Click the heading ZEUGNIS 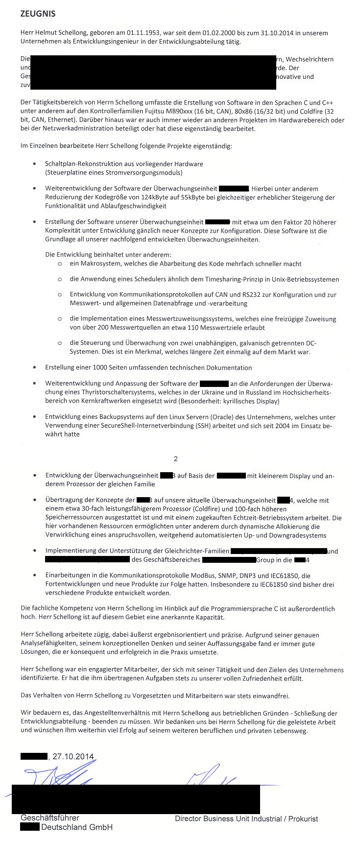tap(38, 14)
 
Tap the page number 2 tap(176, 459)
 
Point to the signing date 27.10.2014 tap(72, 756)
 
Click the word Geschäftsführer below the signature tap(50, 818)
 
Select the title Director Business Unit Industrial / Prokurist tap(246, 818)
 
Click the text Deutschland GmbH tap(77, 827)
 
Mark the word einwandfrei tap(271, 696)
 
